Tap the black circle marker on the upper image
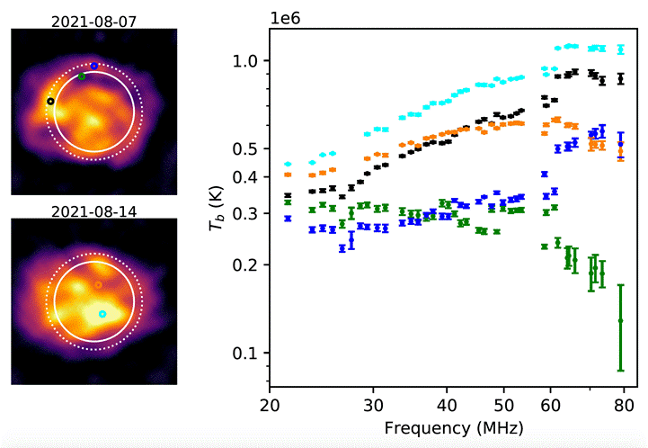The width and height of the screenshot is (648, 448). (x=50, y=102)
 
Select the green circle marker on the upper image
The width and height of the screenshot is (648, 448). (x=82, y=76)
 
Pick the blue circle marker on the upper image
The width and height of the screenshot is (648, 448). (x=94, y=66)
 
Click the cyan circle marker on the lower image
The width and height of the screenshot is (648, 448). (x=102, y=314)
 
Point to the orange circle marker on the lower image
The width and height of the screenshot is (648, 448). (x=99, y=285)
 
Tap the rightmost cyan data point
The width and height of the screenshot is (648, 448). (x=621, y=49)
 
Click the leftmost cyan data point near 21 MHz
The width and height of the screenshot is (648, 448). (x=288, y=165)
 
